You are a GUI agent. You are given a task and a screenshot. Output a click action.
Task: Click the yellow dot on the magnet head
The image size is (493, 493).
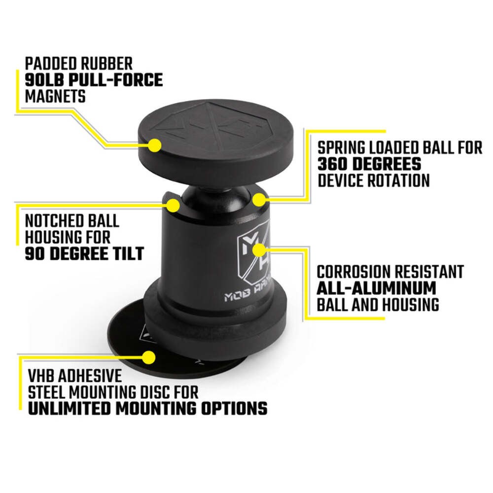[x=155, y=145]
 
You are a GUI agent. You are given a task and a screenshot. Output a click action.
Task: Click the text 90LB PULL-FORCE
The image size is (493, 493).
[x=94, y=80]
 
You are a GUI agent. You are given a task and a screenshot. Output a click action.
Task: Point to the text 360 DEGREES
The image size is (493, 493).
[x=369, y=164]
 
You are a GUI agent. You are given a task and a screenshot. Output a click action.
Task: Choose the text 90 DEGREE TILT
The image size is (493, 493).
[x=84, y=253]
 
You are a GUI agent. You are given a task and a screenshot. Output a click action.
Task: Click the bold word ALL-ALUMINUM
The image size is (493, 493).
[x=377, y=288]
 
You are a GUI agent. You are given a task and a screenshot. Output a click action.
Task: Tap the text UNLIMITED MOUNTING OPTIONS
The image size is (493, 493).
[x=147, y=408]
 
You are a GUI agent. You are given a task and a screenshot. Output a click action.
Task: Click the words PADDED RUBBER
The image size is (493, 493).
[x=79, y=64]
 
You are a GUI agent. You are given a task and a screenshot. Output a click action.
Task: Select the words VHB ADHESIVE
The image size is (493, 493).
[x=75, y=376]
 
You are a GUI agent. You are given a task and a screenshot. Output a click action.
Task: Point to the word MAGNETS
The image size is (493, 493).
[x=55, y=96]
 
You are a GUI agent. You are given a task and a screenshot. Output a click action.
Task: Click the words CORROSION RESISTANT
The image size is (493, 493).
[x=390, y=272]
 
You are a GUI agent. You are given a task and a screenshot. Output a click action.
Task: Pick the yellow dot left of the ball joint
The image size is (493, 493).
[x=173, y=206]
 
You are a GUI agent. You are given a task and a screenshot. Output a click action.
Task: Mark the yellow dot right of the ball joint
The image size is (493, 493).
[x=259, y=200]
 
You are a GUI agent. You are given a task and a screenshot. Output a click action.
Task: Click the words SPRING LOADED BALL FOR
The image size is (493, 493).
[x=399, y=147]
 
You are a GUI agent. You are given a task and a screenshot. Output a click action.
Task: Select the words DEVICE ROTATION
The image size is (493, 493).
[x=374, y=180]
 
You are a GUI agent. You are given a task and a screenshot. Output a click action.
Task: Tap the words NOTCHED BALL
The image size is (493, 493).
[x=72, y=220]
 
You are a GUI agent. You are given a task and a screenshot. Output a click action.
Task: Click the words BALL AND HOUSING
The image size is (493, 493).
[x=378, y=304]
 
